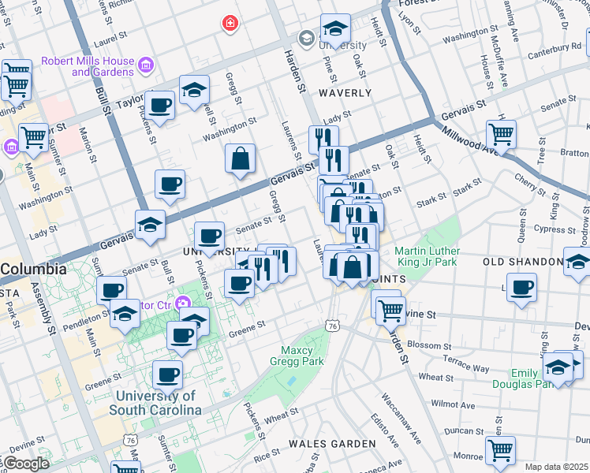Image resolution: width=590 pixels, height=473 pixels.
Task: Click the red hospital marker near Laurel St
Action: click(230, 24)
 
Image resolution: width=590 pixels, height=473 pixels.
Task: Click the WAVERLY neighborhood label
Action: click(345, 93)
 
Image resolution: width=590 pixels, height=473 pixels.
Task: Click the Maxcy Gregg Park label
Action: click(303, 356)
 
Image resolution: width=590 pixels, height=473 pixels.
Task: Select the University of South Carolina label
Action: click(158, 403)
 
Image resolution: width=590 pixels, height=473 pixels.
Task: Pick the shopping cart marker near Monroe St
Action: click(500, 450)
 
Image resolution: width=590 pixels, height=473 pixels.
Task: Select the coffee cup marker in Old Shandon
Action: click(521, 288)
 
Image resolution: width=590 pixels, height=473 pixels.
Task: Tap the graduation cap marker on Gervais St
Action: click(150, 225)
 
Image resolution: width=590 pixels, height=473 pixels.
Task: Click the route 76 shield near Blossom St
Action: click(333, 325)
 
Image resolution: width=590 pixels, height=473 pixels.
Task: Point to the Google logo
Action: click(25, 464)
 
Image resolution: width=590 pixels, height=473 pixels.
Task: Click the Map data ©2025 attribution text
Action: click(556, 467)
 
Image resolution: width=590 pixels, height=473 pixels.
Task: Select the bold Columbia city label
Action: click(33, 269)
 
